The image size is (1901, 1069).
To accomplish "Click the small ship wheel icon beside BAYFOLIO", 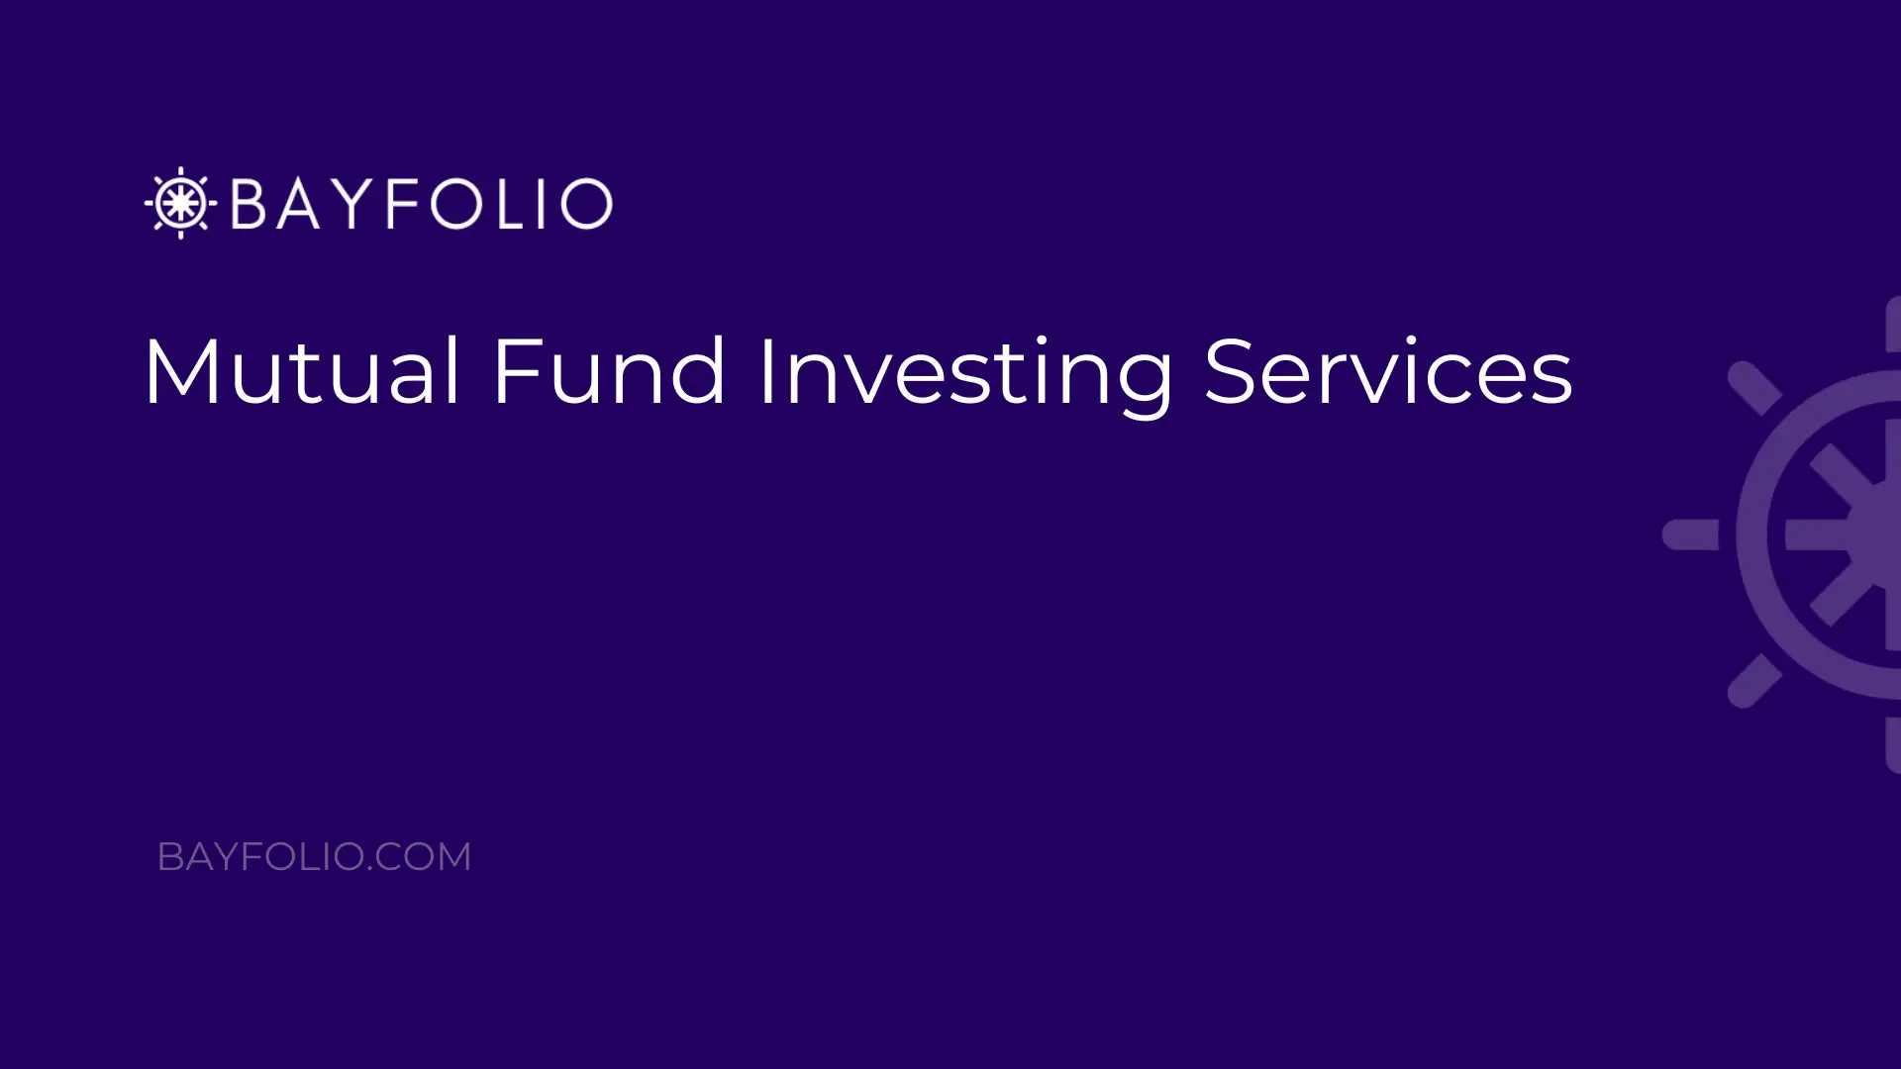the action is [x=180, y=203].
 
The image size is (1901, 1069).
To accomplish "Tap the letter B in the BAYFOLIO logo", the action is [x=248, y=204].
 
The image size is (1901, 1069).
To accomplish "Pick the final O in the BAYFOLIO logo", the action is [x=586, y=204].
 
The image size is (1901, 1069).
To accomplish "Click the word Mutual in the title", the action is [x=302, y=371].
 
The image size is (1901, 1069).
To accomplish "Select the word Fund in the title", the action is [x=609, y=371].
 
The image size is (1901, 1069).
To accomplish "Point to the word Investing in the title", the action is [x=966, y=376].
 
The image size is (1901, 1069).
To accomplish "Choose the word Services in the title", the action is [x=1388, y=371].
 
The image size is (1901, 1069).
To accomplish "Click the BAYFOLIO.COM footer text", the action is [x=314, y=857].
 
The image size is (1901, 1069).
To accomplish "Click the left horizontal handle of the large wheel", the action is [x=1690, y=534].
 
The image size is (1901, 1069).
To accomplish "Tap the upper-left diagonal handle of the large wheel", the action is [x=1754, y=388].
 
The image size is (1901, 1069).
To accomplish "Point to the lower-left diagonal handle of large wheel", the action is [x=1754, y=681].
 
